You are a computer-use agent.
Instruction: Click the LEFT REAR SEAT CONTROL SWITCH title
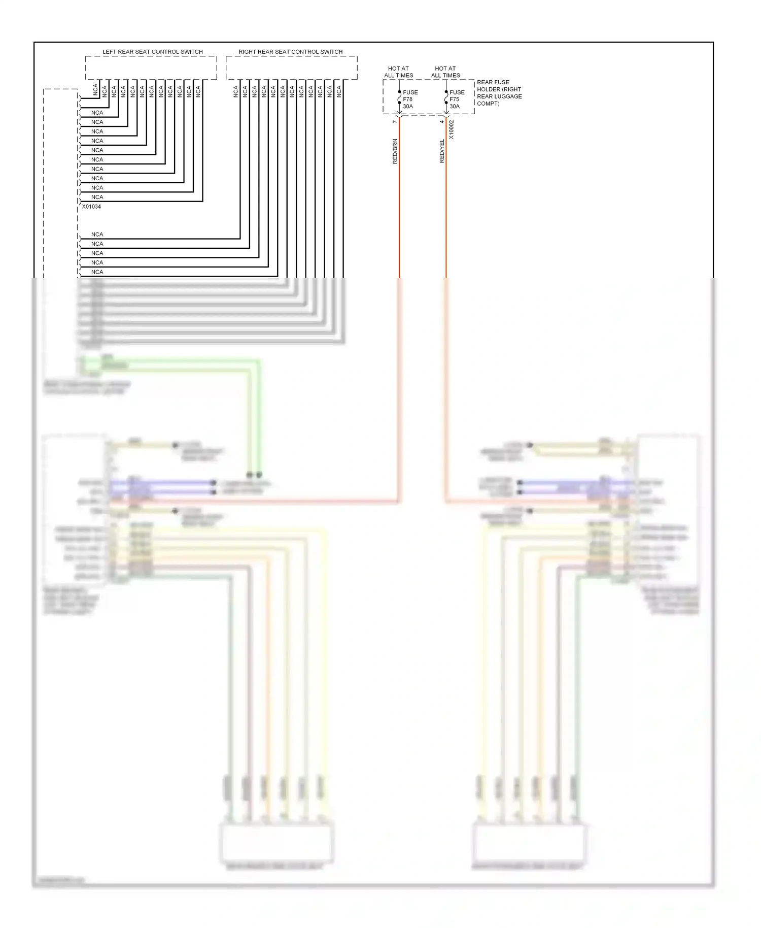[152, 52]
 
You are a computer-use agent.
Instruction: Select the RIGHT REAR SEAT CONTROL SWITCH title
[290, 52]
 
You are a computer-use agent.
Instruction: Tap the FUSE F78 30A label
[410, 100]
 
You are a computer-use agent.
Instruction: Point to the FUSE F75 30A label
[457, 100]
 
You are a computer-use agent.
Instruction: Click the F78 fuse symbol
[399, 97]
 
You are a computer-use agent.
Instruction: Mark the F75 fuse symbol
[446, 97]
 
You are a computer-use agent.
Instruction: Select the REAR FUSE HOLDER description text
[499, 93]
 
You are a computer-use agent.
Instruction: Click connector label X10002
[452, 130]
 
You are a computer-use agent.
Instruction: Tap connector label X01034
[91, 207]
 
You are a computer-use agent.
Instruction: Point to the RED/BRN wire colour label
[395, 151]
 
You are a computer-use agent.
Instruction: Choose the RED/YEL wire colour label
[442, 151]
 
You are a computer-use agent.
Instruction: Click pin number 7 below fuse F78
[395, 122]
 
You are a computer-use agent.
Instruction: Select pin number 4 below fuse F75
[441, 122]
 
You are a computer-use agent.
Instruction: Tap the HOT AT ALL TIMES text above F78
[398, 72]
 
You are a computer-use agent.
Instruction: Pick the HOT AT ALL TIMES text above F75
[445, 72]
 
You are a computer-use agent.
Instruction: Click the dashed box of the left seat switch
[151, 68]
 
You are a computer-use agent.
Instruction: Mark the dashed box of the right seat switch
[291, 68]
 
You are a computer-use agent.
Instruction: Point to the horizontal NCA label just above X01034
[97, 197]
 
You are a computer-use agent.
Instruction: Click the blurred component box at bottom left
[276, 843]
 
